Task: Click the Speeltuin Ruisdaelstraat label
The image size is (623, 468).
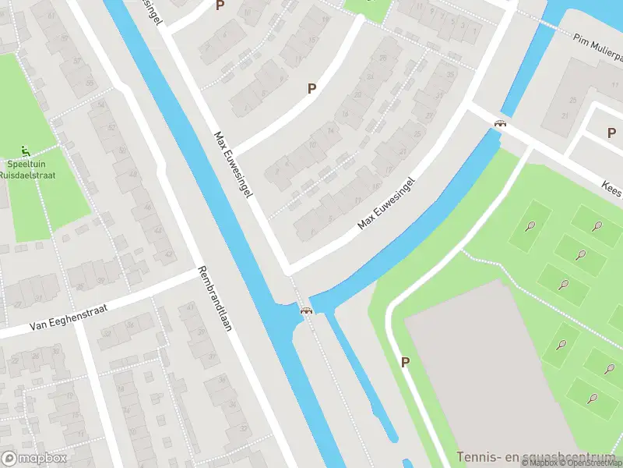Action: point(27,169)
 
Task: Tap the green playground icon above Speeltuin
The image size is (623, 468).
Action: point(26,151)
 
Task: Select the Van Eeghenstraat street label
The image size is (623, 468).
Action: point(67,315)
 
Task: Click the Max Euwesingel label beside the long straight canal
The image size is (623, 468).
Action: point(234,164)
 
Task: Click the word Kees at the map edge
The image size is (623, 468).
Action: point(611,190)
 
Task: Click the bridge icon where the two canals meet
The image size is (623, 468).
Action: point(307,310)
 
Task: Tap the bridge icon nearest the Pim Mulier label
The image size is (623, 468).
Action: point(501,122)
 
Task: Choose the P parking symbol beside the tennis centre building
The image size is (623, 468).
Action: point(405,362)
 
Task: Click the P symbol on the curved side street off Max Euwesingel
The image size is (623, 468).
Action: point(311,89)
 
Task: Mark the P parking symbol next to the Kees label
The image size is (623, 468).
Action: point(612,133)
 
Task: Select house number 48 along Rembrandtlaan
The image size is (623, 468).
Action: point(132,173)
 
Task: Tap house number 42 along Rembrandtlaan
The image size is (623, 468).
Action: point(169,254)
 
